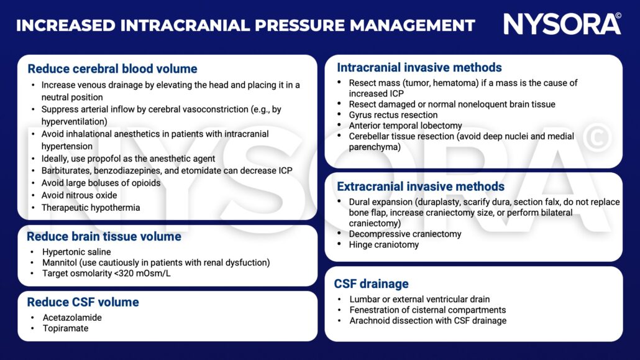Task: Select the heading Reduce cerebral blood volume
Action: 112,68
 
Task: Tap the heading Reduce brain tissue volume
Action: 104,236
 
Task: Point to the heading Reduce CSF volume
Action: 83,302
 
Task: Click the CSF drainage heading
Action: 371,284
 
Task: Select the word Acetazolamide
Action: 71,317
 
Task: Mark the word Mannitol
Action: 62,263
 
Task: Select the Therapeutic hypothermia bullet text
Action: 91,208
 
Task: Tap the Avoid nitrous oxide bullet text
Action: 79,195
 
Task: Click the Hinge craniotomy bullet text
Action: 384,245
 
